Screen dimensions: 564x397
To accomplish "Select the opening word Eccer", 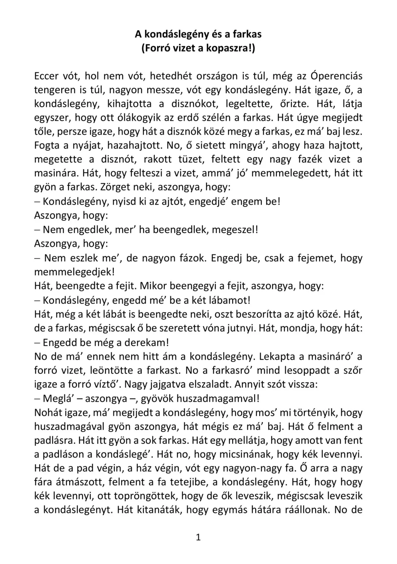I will pyautogui.click(x=47, y=76).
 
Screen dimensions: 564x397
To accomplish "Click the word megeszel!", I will pyautogui.click(x=234, y=229).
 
